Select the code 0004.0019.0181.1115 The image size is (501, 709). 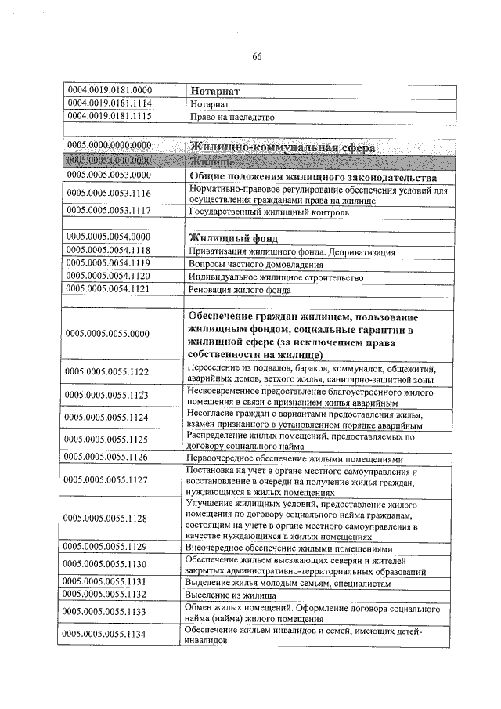110,116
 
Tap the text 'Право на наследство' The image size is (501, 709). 232,117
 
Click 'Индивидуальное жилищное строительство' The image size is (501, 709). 276,277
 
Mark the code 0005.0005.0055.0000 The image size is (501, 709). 110,335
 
